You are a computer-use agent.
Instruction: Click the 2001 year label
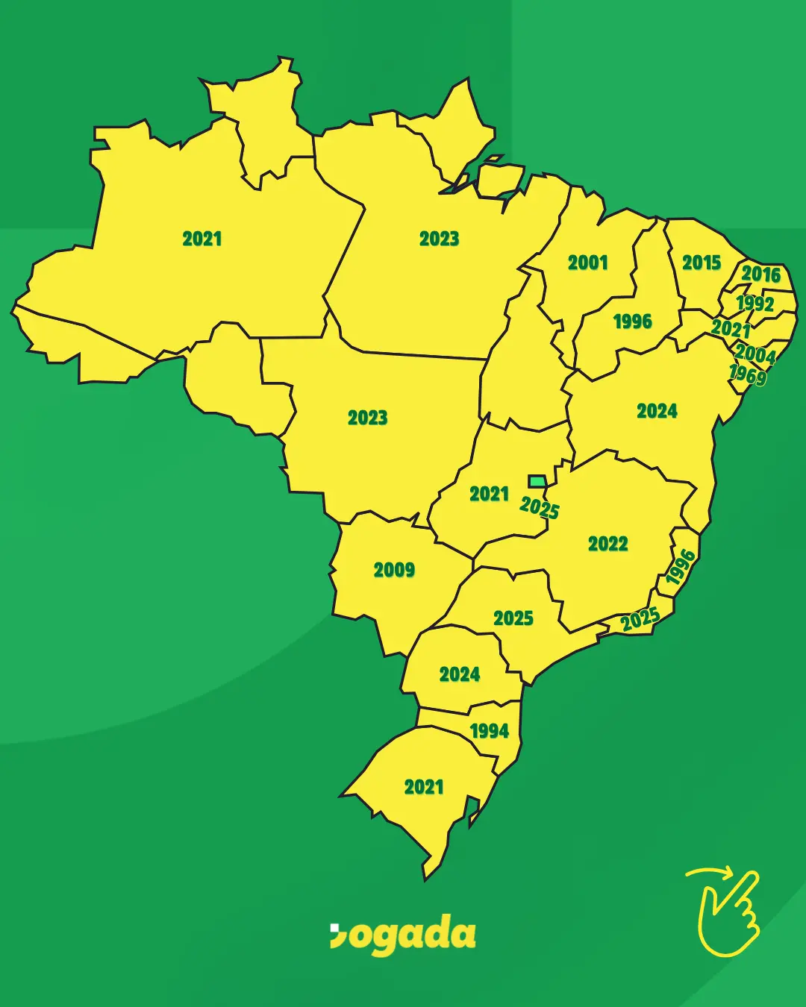point(588,263)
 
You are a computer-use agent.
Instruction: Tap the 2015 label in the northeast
point(702,263)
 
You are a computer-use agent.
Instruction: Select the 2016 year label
point(760,275)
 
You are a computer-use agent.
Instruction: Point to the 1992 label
point(755,304)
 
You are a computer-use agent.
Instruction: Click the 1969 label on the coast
point(747,374)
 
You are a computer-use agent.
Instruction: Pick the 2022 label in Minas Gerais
point(608,544)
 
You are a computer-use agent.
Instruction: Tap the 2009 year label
point(394,570)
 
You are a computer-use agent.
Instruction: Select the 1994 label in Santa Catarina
point(490,731)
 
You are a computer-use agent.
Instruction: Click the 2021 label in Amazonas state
point(202,239)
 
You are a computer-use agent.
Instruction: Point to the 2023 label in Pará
point(439,239)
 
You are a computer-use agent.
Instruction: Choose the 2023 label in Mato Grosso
point(368,418)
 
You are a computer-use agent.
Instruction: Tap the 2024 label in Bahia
point(657,411)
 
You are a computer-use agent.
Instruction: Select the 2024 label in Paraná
point(460,675)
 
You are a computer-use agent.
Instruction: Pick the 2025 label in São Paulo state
point(513,618)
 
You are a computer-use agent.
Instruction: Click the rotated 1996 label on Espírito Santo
point(681,567)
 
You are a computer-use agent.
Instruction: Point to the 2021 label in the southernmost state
point(424,787)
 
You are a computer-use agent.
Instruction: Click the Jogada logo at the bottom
point(403,935)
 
